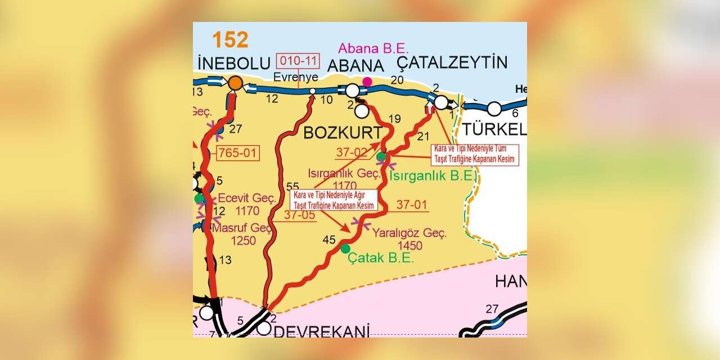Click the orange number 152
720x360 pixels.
coord(230,40)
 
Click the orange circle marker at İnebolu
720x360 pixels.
coord(236,83)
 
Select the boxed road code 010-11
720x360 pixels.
coord(298,60)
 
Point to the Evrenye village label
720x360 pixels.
coord(296,77)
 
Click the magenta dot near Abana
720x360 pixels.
coord(367,82)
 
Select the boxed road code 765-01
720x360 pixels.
coord(238,153)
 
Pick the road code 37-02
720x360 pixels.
coord(352,152)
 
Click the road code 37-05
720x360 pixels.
coord(299,214)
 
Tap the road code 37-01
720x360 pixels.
coord(412,205)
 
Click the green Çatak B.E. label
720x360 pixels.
coord(381,258)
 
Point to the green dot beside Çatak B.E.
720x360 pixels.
coord(345,249)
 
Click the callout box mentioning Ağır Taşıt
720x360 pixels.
coord(334,200)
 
